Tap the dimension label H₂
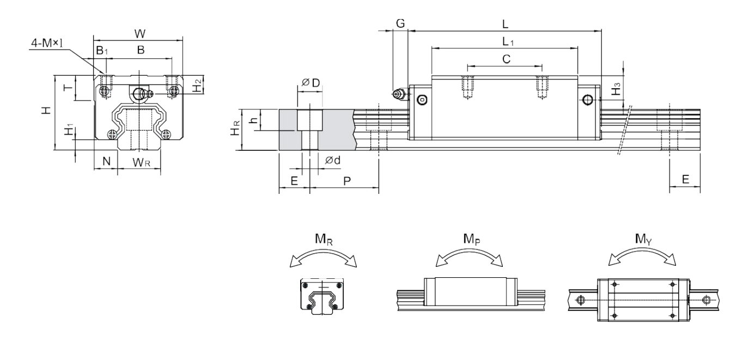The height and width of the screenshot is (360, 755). [198, 84]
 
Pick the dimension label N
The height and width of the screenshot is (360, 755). [106, 161]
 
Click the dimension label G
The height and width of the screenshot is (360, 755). [400, 23]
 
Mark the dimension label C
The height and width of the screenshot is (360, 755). [506, 59]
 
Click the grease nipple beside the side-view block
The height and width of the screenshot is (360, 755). [399, 94]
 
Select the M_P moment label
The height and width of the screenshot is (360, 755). [472, 239]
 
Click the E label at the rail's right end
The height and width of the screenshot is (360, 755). [685, 180]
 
